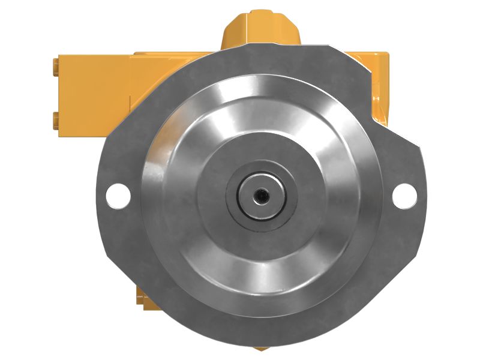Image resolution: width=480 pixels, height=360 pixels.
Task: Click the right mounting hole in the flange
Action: pyautogui.click(x=404, y=195)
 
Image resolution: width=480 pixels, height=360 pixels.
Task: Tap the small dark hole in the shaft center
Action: pyautogui.click(x=261, y=195)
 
